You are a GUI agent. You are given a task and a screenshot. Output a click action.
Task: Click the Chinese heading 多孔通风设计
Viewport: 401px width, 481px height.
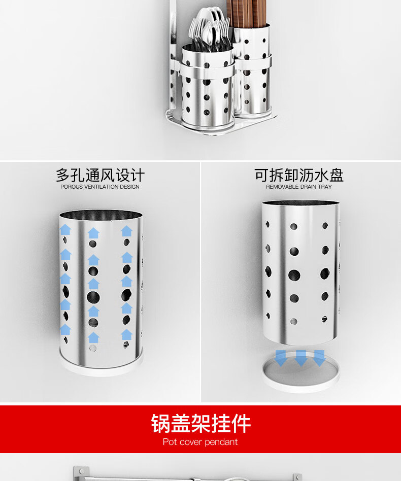pos(100,175)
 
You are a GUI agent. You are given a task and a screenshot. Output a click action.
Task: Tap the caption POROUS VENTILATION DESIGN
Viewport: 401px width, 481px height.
pos(99,187)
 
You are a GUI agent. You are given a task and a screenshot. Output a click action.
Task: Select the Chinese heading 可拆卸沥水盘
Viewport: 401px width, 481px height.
pos(299,175)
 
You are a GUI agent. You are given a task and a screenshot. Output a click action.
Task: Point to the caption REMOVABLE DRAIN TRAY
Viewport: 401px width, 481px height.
pos(299,187)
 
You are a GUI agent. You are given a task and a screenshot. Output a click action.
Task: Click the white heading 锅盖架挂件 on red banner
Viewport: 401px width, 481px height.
pos(201,424)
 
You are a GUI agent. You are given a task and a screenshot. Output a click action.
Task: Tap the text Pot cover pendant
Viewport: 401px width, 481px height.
pos(200,442)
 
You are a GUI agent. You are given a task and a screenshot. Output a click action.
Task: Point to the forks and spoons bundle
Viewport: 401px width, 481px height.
pos(209,29)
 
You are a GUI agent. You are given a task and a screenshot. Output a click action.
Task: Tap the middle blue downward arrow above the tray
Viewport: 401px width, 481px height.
pos(301,358)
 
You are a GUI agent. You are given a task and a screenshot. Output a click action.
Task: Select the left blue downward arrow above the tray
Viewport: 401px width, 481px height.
pos(281,358)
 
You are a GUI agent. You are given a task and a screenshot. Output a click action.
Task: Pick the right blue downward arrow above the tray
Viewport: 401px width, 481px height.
pos(319,358)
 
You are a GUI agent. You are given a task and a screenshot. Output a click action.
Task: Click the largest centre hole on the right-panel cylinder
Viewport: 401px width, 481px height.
pos(294,275)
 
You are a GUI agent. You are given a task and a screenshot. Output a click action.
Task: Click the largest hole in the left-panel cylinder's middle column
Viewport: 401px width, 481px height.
pos(93,297)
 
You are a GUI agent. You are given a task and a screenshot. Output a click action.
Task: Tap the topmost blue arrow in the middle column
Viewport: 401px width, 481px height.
pos(93,233)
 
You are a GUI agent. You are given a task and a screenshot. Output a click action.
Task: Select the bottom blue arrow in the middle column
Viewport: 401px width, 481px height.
pos(93,337)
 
